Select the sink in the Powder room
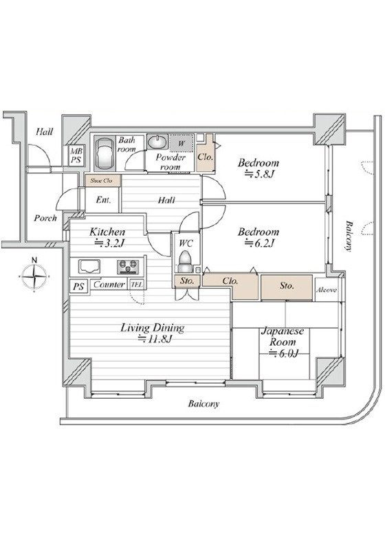[157, 142]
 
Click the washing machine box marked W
[181, 143]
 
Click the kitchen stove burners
[128, 267]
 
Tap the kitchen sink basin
[89, 267]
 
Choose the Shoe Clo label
[101, 181]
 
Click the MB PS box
[76, 155]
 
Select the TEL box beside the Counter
[137, 285]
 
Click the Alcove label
[327, 290]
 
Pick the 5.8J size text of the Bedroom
[258, 173]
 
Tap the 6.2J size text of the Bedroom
[258, 243]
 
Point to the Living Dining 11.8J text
[153, 333]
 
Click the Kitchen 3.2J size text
[107, 243]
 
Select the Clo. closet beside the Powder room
[206, 157]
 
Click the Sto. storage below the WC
[187, 281]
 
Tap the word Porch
[45, 218]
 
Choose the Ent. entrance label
[103, 200]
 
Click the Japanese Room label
[283, 337]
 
